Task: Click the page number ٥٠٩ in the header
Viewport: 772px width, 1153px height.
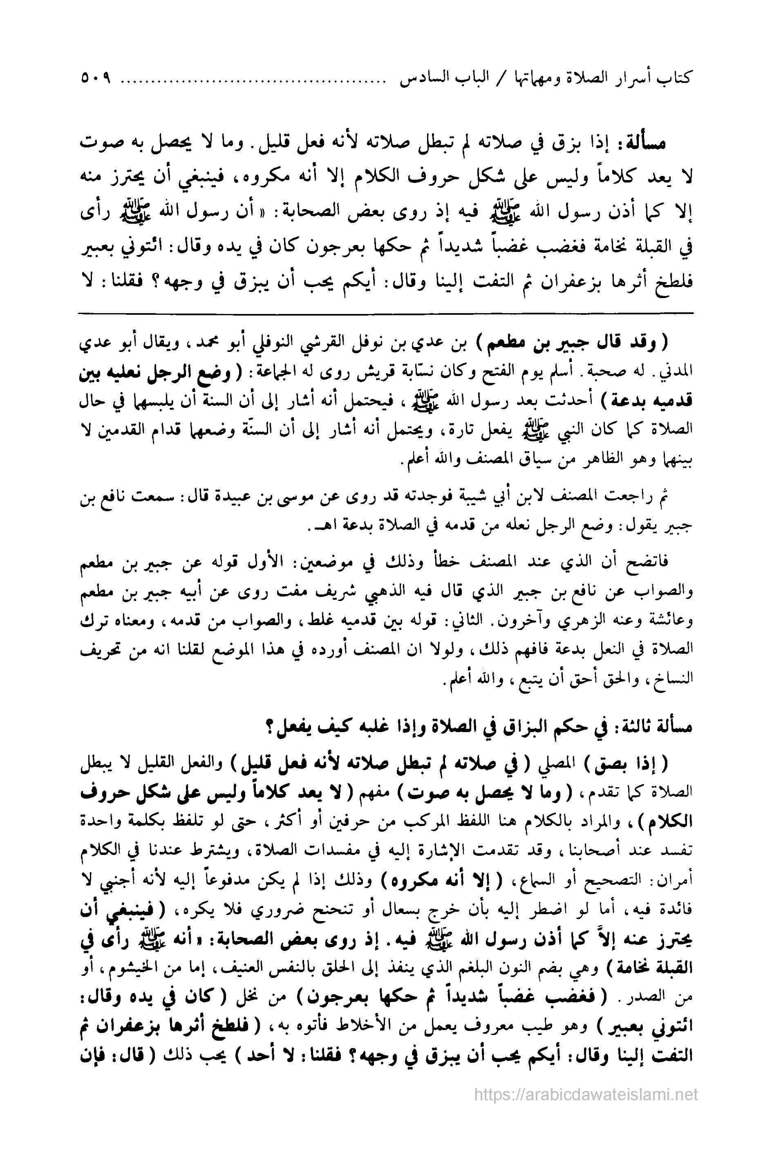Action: [94, 78]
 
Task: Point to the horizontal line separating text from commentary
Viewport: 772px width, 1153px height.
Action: [385, 313]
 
